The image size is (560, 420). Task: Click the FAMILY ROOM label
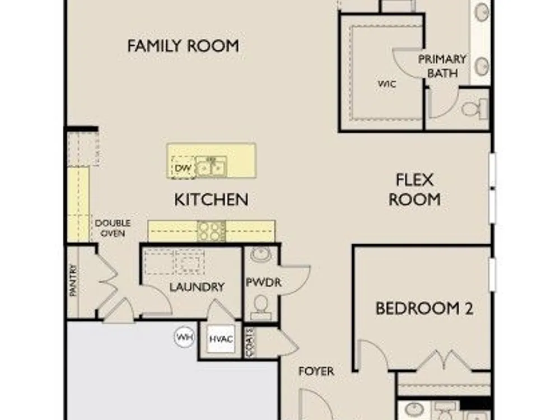183,46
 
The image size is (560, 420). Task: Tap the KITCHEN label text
211,199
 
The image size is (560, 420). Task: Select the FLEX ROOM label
414,190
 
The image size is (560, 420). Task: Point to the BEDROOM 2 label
424,308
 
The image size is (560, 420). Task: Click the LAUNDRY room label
197,287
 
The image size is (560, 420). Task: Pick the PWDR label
264,282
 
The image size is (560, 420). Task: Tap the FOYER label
316,371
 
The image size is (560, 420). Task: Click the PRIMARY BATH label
442,66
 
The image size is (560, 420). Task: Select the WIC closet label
387,84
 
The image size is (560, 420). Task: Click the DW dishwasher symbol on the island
183,167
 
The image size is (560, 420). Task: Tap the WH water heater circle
185,337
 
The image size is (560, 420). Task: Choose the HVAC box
221,339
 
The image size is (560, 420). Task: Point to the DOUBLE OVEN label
113,228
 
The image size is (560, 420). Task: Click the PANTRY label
73,280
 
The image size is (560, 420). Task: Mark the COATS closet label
250,342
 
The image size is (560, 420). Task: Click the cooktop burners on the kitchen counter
212,231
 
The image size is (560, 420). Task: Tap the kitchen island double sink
211,167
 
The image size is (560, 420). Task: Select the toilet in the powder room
261,307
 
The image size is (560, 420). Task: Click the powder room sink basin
261,255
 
